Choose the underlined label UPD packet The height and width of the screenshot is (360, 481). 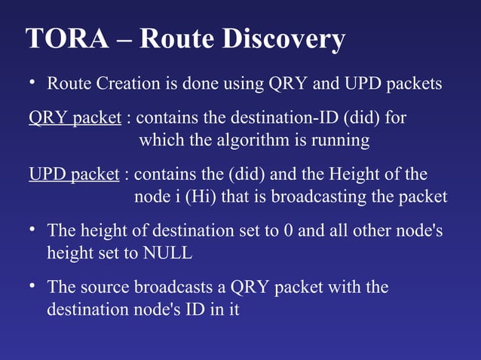(x=74, y=175)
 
